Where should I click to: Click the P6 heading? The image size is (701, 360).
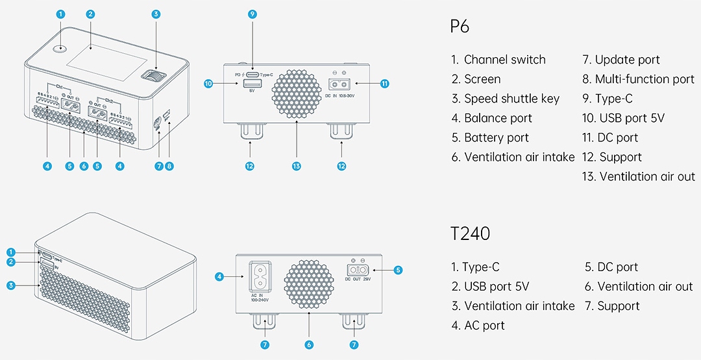click(x=460, y=27)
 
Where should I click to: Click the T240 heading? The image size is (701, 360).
click(x=471, y=234)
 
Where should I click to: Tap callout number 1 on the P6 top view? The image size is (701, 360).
click(x=61, y=14)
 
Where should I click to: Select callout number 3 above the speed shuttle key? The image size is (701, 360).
click(x=156, y=14)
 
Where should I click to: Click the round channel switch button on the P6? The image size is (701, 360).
click(x=62, y=47)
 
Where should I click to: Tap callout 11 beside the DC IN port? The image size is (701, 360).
click(x=385, y=84)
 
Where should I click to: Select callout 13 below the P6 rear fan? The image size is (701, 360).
click(x=297, y=166)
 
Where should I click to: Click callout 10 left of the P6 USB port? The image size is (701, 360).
click(x=208, y=84)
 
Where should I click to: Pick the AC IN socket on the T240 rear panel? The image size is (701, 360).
click(x=260, y=277)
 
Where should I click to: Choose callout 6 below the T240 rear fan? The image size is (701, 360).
click(x=309, y=344)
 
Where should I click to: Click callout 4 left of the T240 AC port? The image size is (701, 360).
click(x=219, y=277)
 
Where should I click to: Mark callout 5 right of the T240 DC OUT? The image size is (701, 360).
click(x=398, y=270)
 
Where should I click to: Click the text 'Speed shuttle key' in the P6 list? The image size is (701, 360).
click(x=511, y=99)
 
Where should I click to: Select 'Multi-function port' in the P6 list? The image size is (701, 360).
click(x=645, y=79)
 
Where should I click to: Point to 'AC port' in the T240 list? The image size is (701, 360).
click(x=484, y=326)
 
